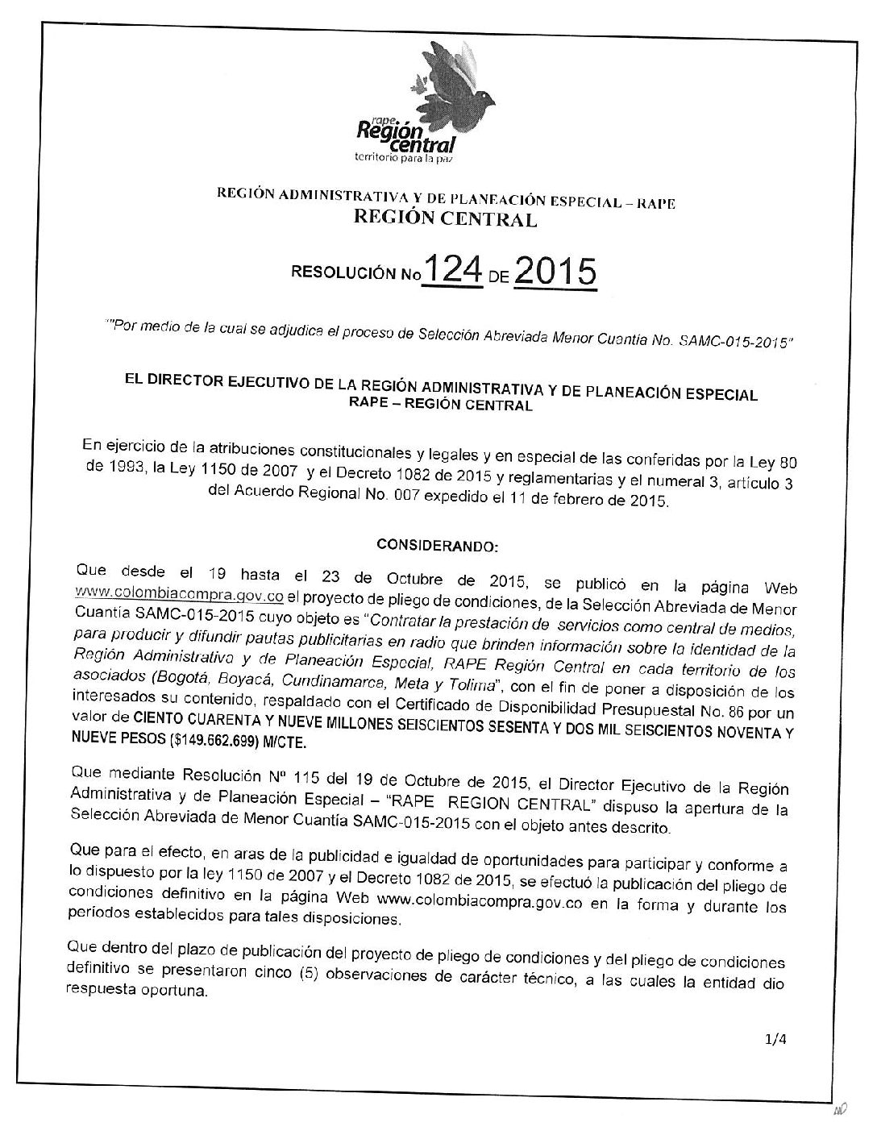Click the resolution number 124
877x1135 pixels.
pos(452,272)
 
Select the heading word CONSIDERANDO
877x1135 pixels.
pos(438,546)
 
